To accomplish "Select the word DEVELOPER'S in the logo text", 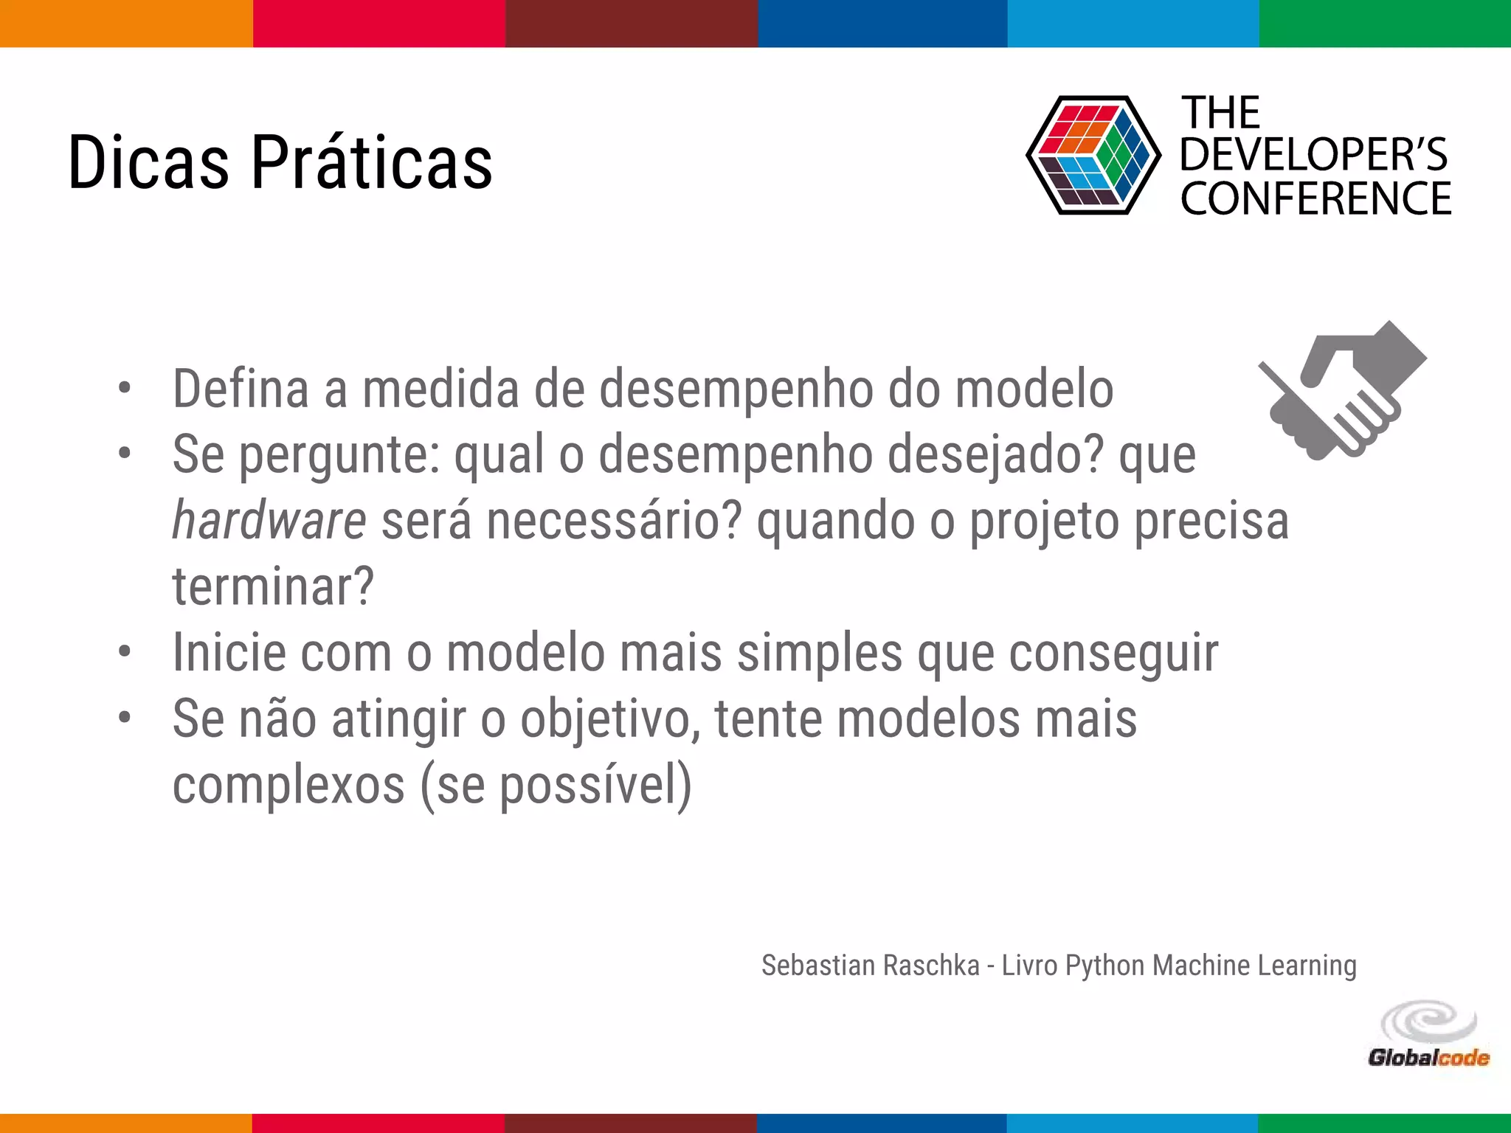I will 1313,155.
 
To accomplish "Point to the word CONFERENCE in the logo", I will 1315,199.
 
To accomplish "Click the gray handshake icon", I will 1343,391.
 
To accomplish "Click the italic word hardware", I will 269,521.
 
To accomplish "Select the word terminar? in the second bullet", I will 273,586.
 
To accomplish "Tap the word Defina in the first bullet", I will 241,389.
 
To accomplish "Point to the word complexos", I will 288,785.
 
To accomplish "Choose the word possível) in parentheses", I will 596,785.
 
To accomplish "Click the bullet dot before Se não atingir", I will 125,716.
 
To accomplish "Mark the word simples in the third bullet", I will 820,653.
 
